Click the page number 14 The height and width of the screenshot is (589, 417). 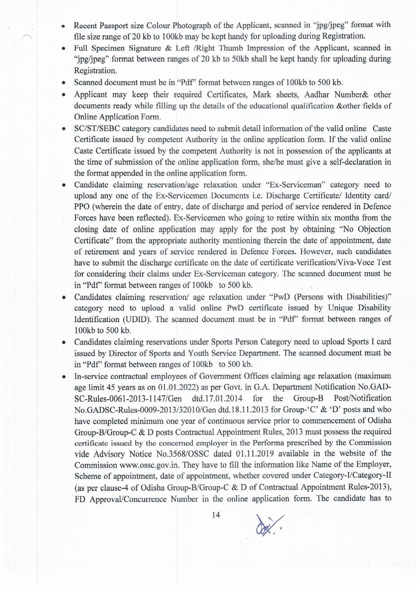[216, 515]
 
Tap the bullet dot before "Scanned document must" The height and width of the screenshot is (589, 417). [63, 83]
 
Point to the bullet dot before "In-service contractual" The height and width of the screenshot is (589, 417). [63, 376]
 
